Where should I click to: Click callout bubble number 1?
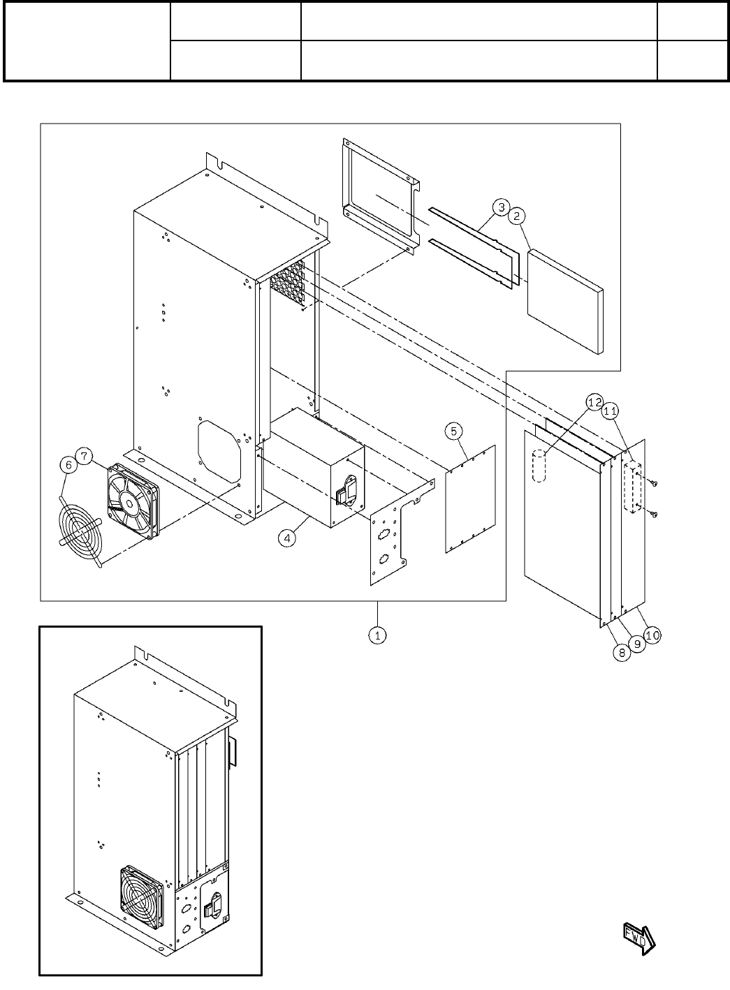click(x=377, y=635)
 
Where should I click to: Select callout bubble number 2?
click(x=516, y=216)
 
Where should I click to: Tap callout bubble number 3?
click(x=500, y=207)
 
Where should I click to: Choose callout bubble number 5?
click(x=454, y=431)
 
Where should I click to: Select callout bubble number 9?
click(x=637, y=644)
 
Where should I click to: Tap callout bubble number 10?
click(x=652, y=635)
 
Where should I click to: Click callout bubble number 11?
click(x=610, y=411)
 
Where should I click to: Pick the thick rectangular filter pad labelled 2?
click(x=565, y=302)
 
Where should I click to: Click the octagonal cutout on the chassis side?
click(x=219, y=450)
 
